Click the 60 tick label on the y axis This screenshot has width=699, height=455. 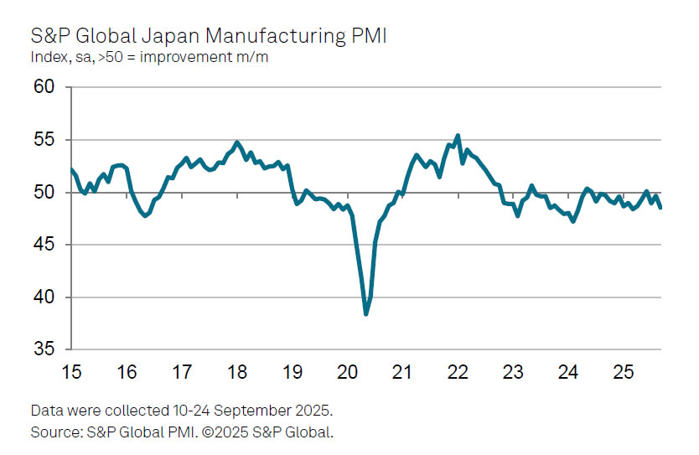pyautogui.click(x=44, y=87)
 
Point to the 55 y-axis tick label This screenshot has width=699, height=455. pyautogui.click(x=44, y=140)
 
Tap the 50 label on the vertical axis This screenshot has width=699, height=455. pyautogui.click(x=44, y=193)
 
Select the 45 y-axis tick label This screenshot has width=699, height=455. pyautogui.click(x=44, y=245)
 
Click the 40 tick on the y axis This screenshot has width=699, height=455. pyautogui.click(x=44, y=297)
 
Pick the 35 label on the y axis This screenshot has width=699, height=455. pyautogui.click(x=44, y=349)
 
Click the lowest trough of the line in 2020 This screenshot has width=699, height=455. pyautogui.click(x=366, y=313)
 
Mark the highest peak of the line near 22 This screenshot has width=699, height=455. pyautogui.click(x=458, y=135)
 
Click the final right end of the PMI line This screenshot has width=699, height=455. pyautogui.click(x=660, y=208)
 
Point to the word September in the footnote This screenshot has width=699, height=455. pyautogui.click(x=221, y=412)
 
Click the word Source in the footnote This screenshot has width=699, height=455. pyautogui.click(x=53, y=432)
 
